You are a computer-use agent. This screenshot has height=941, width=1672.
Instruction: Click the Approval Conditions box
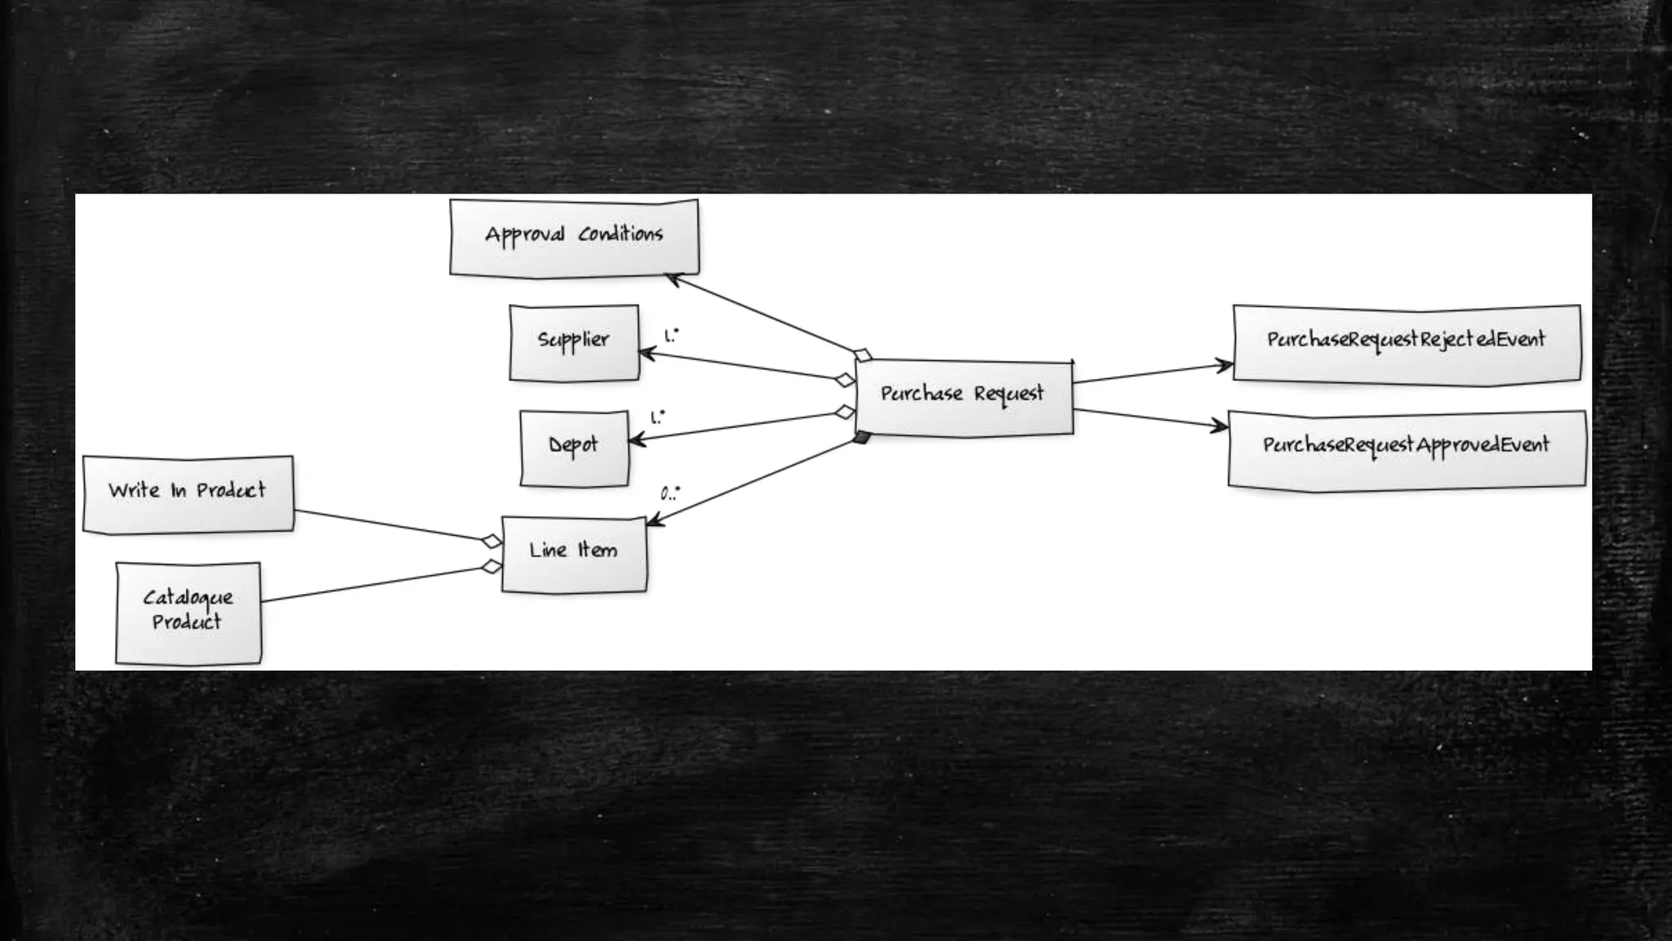574,237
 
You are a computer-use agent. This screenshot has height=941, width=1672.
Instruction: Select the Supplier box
574,342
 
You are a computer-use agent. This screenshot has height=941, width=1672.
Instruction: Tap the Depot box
574,448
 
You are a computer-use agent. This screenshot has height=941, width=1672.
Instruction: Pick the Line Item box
574,553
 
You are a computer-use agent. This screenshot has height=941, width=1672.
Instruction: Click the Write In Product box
188,493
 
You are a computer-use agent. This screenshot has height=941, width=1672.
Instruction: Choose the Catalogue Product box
188,612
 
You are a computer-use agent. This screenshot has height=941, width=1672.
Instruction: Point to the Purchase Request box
963,397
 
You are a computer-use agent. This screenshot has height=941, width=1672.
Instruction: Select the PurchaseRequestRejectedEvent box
1406,342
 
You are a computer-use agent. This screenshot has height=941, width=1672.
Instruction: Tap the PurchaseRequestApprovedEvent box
1406,448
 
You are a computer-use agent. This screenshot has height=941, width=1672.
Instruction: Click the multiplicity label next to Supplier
671,335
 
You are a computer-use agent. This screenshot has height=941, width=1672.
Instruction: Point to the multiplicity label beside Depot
657,417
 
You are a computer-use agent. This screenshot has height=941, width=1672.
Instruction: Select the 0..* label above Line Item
669,493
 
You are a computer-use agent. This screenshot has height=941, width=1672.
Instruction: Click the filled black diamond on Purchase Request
861,439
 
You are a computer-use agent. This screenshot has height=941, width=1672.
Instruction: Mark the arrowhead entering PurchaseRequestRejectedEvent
1225,365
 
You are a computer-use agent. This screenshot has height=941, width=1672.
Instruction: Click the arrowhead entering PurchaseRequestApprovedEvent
1220,425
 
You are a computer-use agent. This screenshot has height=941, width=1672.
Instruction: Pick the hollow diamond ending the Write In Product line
491,541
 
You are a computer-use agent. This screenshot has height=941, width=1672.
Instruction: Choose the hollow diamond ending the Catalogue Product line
491,566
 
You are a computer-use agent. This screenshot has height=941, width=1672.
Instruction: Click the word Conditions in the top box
620,234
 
